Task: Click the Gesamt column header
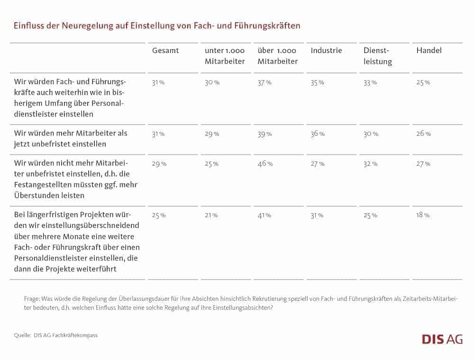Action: [165, 50]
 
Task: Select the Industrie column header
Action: [326, 50]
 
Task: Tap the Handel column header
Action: [429, 50]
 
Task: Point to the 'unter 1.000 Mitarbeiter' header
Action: [225, 56]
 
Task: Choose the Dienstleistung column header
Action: [378, 56]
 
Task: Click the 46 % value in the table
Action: [265, 163]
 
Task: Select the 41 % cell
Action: [264, 216]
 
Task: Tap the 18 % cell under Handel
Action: [423, 215]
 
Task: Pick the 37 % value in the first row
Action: [264, 82]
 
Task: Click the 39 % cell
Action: [265, 134]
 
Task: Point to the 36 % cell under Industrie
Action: [318, 134]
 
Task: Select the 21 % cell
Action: [211, 216]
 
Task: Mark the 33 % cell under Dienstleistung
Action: [370, 82]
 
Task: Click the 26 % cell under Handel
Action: [423, 134]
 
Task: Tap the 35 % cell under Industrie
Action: [318, 82]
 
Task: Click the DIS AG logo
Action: [442, 339]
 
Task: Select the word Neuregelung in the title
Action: [87, 26]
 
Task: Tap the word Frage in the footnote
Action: [32, 299]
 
